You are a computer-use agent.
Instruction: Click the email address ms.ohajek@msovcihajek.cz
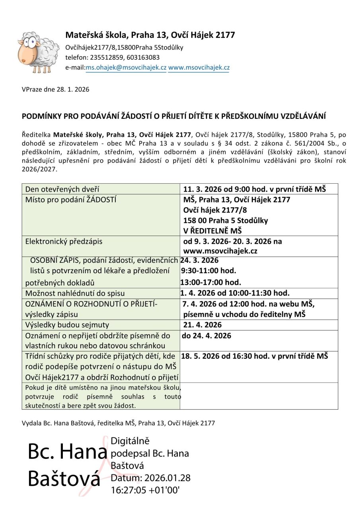click(126, 68)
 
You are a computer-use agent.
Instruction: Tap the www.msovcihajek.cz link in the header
click(199, 68)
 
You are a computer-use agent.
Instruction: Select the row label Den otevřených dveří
click(62, 189)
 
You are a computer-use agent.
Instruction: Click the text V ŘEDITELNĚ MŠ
click(213, 231)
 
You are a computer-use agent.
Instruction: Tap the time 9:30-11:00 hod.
click(208, 271)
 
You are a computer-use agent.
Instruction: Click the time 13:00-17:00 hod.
click(211, 282)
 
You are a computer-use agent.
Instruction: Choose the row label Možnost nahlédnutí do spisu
click(75, 293)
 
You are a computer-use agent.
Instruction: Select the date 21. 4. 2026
click(202, 325)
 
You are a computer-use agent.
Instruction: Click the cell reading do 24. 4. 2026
click(206, 336)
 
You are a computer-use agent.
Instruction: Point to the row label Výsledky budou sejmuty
click(67, 325)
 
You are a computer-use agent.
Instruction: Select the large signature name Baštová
click(64, 479)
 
